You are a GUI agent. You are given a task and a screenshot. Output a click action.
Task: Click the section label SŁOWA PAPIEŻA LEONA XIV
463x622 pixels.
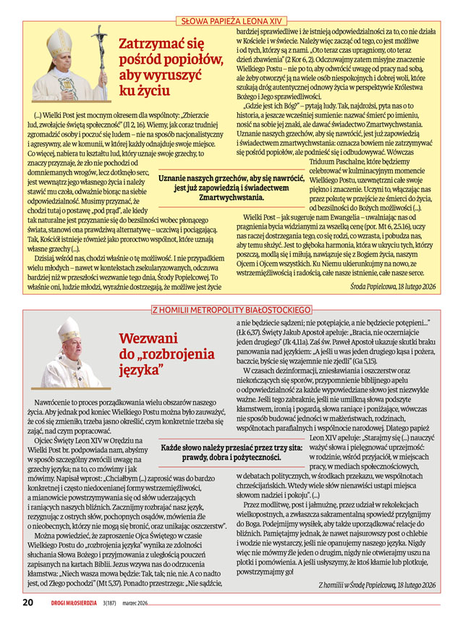(x=231, y=22)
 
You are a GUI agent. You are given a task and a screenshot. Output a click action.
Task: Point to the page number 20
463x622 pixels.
(x=27, y=602)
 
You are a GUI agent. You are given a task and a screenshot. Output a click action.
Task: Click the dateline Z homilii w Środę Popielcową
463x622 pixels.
(x=378, y=584)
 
